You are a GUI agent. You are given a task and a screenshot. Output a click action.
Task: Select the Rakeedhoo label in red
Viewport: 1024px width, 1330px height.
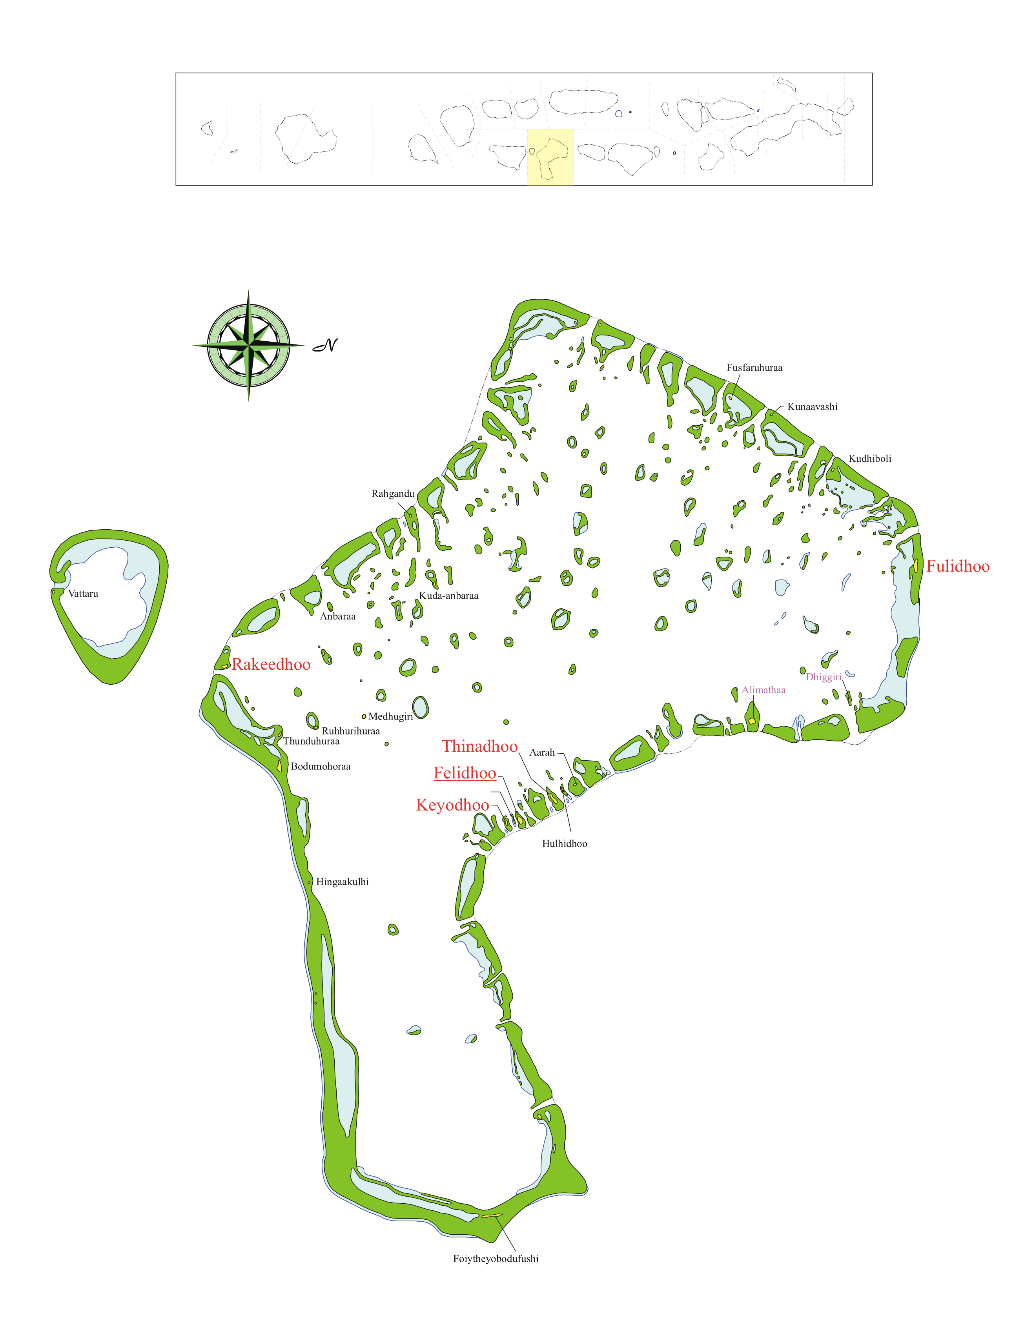pyautogui.click(x=271, y=664)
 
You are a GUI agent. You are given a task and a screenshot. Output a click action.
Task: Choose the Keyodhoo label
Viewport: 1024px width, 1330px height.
pyautogui.click(x=452, y=805)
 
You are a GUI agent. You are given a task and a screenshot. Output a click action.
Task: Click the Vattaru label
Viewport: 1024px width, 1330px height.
pyautogui.click(x=83, y=594)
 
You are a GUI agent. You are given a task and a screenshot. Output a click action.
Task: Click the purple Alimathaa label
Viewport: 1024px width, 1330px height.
pyautogui.click(x=763, y=690)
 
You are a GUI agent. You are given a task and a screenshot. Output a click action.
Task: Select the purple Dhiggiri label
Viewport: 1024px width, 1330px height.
pyautogui.click(x=823, y=677)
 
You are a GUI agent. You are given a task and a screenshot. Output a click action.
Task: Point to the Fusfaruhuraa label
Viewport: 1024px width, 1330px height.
pyautogui.click(x=754, y=368)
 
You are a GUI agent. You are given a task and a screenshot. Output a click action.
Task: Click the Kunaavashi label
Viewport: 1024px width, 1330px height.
pyautogui.click(x=812, y=407)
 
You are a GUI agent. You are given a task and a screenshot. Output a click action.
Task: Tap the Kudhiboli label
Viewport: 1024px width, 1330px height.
pyautogui.click(x=869, y=459)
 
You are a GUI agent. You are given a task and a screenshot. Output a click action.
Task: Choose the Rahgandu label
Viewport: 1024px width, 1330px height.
pyautogui.click(x=392, y=494)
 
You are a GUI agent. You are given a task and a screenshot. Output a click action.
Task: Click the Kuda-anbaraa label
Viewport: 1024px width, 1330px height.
pyautogui.click(x=448, y=596)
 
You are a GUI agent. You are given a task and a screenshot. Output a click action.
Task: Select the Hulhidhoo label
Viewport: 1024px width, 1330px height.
pyautogui.click(x=564, y=844)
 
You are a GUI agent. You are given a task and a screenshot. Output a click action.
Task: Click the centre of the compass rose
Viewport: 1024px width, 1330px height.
pyautogui.click(x=248, y=345)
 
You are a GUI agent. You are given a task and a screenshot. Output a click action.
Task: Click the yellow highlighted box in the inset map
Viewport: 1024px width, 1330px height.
pyautogui.click(x=550, y=157)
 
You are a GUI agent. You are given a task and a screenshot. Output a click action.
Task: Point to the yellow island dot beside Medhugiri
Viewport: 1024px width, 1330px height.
pyautogui.click(x=364, y=717)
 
